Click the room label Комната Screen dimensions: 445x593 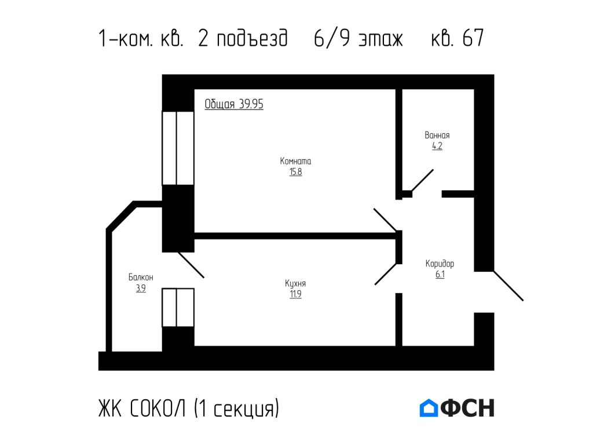[295, 161]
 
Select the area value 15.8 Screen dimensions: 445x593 [295, 172]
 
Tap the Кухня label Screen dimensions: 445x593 [295, 283]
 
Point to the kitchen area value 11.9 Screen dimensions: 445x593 [295, 294]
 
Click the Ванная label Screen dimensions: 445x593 [437, 135]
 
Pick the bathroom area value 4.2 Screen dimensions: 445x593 [437, 146]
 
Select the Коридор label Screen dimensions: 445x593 [440, 264]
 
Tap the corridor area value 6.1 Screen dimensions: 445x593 [440, 275]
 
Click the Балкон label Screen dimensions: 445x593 [141, 278]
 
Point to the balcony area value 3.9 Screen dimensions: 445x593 [141, 289]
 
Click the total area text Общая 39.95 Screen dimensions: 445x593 [234, 104]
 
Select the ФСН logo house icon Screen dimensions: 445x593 [429, 408]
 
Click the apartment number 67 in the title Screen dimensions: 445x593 [473, 39]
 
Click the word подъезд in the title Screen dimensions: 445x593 [251, 39]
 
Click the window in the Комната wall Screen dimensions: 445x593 [177, 148]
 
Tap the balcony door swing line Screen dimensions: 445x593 [191, 265]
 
